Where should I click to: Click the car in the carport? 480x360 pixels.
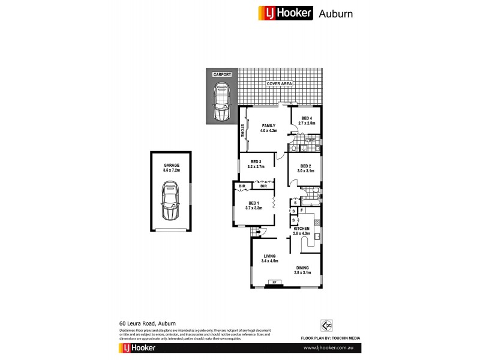(x=221, y=101)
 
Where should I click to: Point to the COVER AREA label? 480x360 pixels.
(x=279, y=84)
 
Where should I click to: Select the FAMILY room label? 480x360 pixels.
(x=268, y=125)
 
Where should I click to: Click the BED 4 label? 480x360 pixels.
(x=307, y=118)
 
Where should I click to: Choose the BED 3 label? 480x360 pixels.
(x=256, y=161)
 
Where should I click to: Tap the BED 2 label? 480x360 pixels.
(x=305, y=166)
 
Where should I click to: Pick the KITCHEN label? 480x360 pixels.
(x=301, y=229)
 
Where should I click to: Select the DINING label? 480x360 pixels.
(x=302, y=268)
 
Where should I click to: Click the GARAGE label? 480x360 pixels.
(x=172, y=165)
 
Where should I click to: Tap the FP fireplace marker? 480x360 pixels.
(x=274, y=282)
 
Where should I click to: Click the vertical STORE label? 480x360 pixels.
(x=242, y=129)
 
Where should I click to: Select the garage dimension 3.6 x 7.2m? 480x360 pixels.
(x=172, y=170)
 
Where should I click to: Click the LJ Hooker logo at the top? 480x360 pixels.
(x=286, y=13)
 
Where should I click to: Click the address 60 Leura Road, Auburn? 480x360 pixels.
(x=147, y=323)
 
